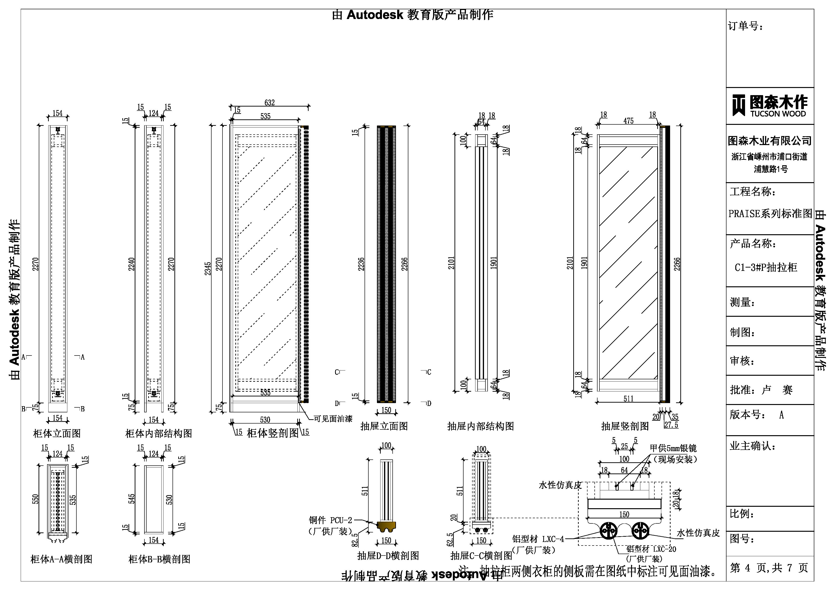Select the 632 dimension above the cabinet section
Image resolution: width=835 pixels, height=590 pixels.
269,103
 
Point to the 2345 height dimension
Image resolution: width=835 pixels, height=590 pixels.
208,269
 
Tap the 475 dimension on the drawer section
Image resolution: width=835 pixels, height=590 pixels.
628,121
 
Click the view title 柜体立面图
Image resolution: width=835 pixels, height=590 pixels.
57,433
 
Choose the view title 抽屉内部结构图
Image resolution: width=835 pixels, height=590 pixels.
480,426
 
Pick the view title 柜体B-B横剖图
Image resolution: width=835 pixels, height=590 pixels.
159,559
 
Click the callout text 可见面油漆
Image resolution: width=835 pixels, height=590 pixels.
333,419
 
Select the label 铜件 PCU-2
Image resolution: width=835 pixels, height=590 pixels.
331,520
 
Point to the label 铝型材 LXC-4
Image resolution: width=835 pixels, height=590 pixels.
538,539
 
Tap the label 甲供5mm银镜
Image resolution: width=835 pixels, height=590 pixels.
673,448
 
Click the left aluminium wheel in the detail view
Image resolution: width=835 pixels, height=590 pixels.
608,531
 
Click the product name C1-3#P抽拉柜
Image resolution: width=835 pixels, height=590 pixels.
766,268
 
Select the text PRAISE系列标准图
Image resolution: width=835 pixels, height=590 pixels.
770,214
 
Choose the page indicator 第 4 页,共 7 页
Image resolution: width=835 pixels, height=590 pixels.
769,568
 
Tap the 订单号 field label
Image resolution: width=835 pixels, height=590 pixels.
746,26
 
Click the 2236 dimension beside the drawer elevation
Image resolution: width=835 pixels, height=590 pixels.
361,264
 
